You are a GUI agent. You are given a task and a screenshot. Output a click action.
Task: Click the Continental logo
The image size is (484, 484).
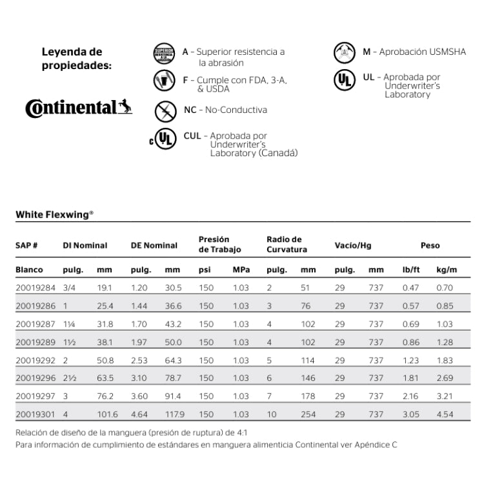point(79,107)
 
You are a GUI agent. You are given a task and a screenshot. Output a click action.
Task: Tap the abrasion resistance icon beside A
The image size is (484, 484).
point(165,56)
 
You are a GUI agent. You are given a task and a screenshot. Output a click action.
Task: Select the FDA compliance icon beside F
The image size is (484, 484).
point(165,81)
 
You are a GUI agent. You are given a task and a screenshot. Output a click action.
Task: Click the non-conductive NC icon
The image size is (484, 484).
point(165,110)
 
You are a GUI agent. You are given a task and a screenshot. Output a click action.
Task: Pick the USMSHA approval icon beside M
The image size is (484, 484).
point(343,52)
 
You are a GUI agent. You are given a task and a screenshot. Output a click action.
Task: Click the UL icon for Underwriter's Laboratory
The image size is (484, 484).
point(343,81)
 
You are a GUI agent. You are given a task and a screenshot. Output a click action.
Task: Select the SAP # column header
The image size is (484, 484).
point(27,245)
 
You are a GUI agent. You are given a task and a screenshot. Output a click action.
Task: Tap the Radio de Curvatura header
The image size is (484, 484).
point(287,245)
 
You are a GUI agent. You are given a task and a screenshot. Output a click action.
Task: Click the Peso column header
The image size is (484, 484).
point(430,245)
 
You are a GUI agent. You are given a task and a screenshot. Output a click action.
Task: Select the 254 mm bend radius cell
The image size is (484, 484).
point(308,414)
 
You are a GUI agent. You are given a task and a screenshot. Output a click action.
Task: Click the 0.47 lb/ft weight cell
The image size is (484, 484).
point(410,288)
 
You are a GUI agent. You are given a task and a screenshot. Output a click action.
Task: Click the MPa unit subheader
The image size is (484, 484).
point(241,270)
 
